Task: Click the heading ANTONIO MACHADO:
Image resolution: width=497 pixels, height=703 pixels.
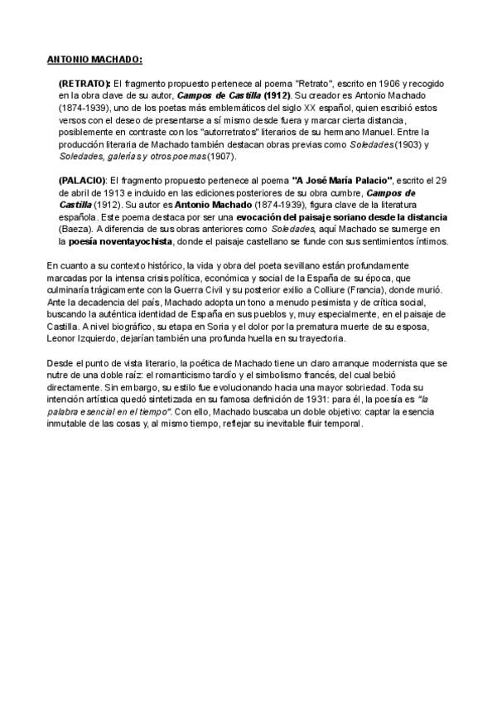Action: (x=94, y=59)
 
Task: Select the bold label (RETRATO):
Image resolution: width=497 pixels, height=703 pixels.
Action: (x=84, y=85)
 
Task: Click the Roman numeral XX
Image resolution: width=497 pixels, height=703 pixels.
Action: (x=287, y=108)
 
